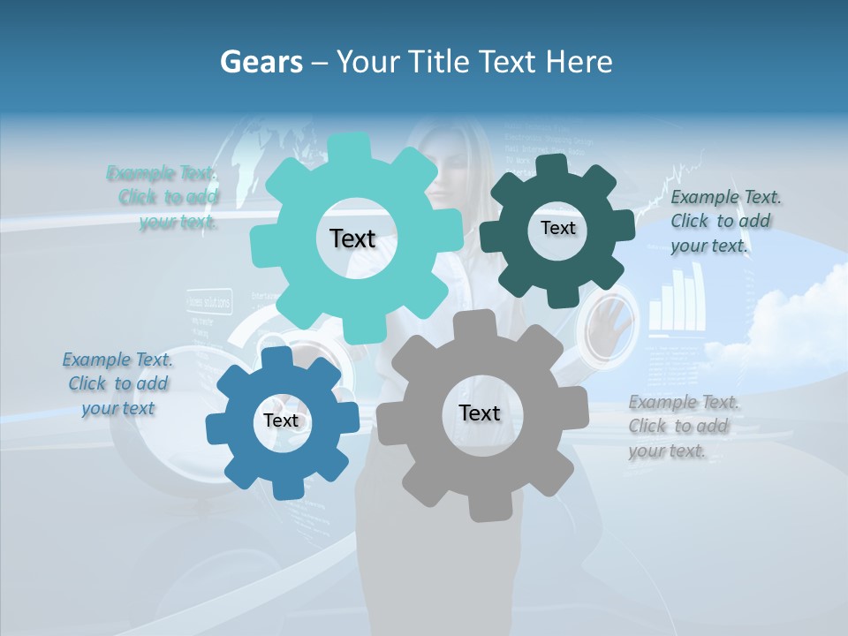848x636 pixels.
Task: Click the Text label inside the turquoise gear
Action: pyautogui.click(x=352, y=238)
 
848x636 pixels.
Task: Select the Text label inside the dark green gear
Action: pyautogui.click(x=557, y=228)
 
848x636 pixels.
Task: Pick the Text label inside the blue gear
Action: pyautogui.click(x=281, y=420)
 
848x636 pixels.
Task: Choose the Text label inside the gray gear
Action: pyautogui.click(x=479, y=413)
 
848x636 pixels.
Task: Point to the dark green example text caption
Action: pyautogui.click(x=724, y=222)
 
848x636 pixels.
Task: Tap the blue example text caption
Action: pyautogui.click(x=117, y=383)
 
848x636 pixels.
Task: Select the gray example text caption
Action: pyautogui.click(x=684, y=427)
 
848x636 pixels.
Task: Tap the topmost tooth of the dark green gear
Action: pyautogui.click(x=552, y=165)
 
